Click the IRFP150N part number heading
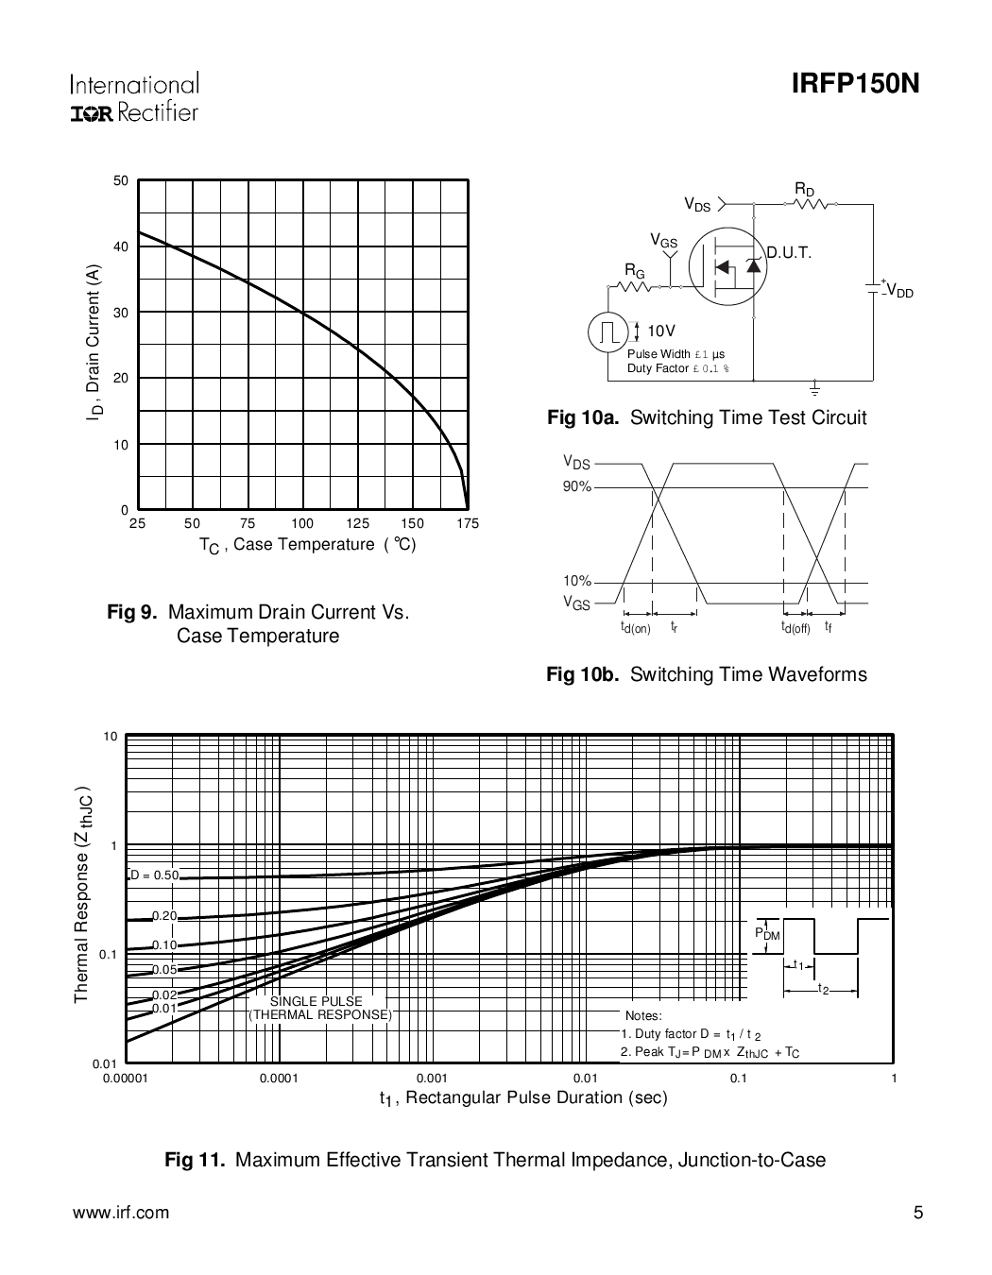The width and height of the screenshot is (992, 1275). click(855, 85)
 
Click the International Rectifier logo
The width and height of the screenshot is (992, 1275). click(134, 98)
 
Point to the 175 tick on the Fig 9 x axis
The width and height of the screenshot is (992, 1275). click(467, 523)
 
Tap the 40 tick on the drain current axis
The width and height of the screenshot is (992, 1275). click(121, 246)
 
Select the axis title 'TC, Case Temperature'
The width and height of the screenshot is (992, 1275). click(307, 545)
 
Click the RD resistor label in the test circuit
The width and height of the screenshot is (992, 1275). click(804, 191)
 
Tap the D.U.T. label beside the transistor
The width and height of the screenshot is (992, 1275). click(789, 253)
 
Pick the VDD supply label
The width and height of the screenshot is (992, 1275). click(899, 292)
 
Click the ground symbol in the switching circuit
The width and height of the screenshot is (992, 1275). click(814, 388)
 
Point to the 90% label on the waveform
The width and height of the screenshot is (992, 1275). click(576, 486)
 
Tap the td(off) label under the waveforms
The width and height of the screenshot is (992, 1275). click(795, 627)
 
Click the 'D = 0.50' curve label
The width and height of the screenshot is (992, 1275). click(153, 875)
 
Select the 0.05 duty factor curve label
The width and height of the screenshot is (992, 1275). click(164, 969)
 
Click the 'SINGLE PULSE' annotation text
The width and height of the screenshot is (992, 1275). click(316, 1001)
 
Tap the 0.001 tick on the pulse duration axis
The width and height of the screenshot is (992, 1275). click(432, 1078)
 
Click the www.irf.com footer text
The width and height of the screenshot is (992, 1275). click(121, 1213)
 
